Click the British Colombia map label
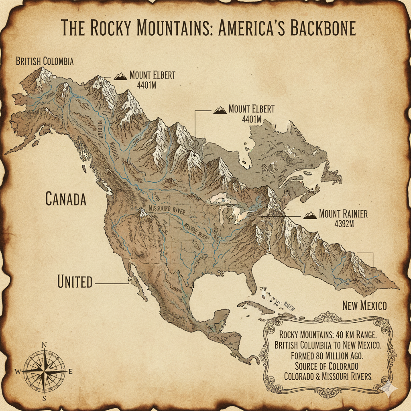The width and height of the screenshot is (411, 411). pos(45,61)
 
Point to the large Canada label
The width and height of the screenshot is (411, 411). pos(66,199)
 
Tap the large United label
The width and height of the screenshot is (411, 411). pos(75,282)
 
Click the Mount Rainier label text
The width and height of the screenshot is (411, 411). pos(343,214)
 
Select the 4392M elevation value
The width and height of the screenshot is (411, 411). pos(344,224)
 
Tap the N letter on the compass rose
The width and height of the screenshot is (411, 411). pos(45,345)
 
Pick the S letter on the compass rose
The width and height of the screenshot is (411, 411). pos(45,399)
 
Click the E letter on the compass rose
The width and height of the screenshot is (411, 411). pos(71,372)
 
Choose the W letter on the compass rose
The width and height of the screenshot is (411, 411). pos(18,372)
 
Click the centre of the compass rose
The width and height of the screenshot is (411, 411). pos(44,372)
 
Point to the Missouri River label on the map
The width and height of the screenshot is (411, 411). pos(169,209)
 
